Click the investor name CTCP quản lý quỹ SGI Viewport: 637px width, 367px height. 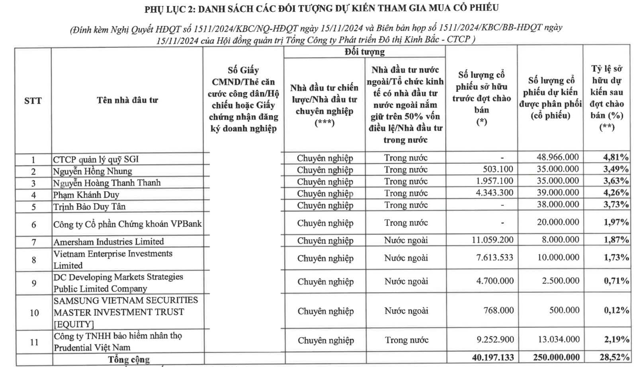tap(96, 159)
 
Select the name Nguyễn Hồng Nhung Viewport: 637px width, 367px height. tap(92, 171)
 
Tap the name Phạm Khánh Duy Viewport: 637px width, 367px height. tap(86, 195)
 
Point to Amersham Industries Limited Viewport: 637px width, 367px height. tap(109, 241)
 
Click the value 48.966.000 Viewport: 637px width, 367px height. tap(557, 157)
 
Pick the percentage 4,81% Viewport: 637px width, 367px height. tap(616, 157)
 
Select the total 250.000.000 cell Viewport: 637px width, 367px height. tap(554, 357)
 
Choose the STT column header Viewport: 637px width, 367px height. tap(33, 101)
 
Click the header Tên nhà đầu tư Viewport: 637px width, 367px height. tap(127, 100)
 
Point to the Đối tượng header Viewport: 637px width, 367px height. tap(365, 52)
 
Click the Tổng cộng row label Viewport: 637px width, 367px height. tap(129, 359)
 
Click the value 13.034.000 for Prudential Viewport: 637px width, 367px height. tap(558, 340)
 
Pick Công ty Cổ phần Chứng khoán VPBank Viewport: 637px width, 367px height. tap(127, 224)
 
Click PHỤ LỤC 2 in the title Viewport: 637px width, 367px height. tap(169, 8)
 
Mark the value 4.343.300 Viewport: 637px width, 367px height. tap(494, 192)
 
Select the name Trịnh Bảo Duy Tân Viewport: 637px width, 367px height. tap(89, 206)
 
